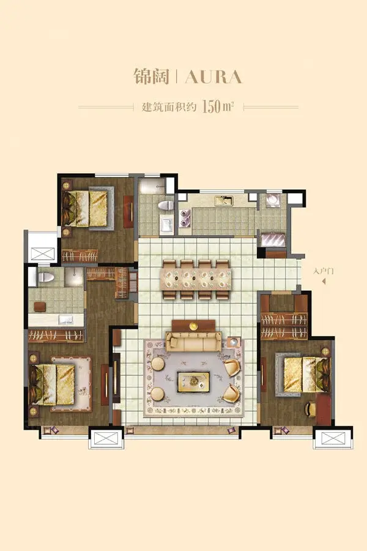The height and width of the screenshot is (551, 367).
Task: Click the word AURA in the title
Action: (x=213, y=77)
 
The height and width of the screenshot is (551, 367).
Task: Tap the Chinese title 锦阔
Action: (x=151, y=77)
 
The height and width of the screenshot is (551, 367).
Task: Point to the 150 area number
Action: (x=212, y=106)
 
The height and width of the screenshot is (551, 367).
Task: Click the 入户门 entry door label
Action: (x=323, y=271)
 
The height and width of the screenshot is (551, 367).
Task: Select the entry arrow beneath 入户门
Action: (x=324, y=281)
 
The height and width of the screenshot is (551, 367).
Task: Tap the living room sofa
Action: (x=193, y=340)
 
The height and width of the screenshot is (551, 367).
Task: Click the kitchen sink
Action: (x=224, y=201)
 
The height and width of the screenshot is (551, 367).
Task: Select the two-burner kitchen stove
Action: (x=185, y=217)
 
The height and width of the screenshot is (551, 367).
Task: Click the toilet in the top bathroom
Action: (x=166, y=205)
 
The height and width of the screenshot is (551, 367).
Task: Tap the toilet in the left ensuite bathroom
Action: (x=44, y=277)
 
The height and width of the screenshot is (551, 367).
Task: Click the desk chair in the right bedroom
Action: (x=311, y=409)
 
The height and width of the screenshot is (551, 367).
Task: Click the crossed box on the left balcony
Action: (x=43, y=253)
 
